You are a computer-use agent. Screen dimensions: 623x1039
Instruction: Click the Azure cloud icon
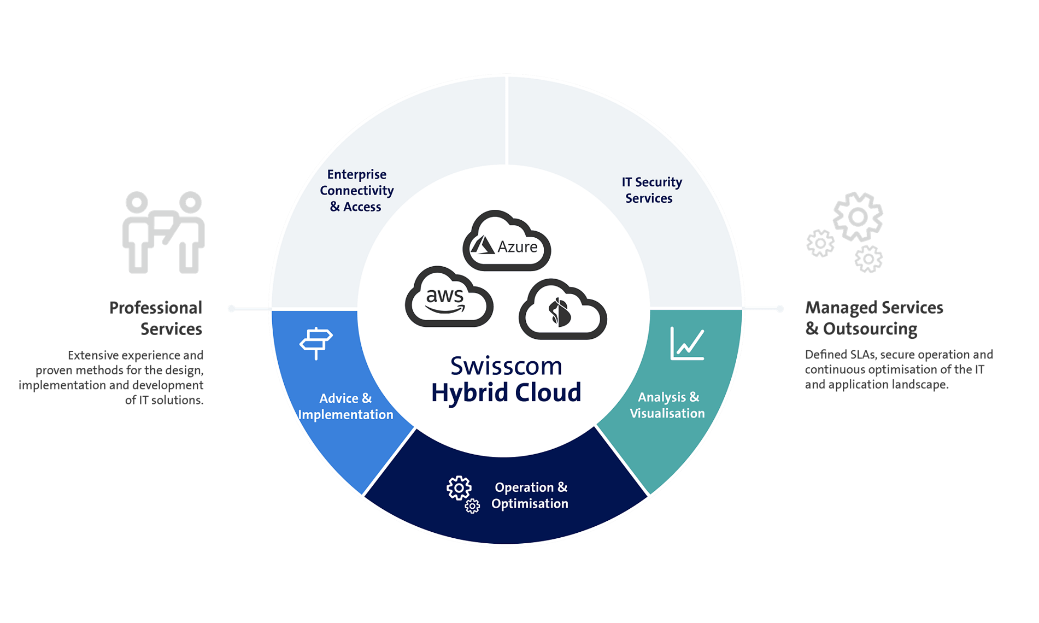[x=507, y=242]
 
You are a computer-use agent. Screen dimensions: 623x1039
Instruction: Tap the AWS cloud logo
[x=448, y=298]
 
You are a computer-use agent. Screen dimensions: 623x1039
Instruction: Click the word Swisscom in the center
[x=506, y=366]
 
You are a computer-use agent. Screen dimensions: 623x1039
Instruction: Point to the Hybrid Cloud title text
[x=506, y=393]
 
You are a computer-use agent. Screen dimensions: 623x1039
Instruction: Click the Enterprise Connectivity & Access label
[x=356, y=191]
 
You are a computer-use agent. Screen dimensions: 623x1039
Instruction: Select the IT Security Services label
[x=651, y=190]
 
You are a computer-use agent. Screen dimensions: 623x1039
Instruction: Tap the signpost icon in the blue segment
[x=316, y=343]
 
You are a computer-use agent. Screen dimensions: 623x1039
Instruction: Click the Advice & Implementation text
[x=345, y=407]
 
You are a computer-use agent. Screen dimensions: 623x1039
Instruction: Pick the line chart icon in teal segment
[x=687, y=344]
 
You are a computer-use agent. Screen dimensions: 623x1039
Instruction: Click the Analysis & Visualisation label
[x=667, y=405]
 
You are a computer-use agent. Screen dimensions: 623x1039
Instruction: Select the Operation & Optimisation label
[x=530, y=495]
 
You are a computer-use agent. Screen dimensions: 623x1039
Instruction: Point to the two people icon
[x=163, y=232]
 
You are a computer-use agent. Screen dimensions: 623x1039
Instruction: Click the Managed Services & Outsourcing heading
[x=873, y=318]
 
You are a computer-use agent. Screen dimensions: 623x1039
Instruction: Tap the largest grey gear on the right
[x=858, y=217]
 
